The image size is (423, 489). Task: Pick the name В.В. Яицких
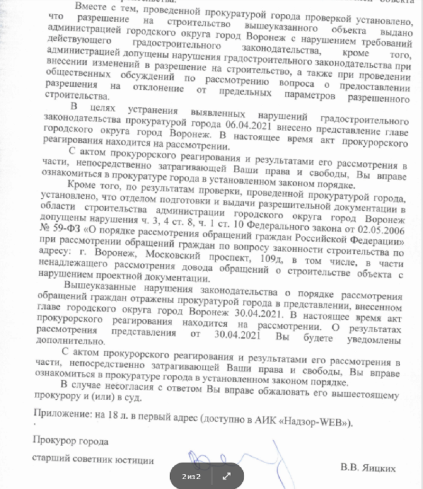369,467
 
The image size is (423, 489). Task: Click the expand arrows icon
227,476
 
